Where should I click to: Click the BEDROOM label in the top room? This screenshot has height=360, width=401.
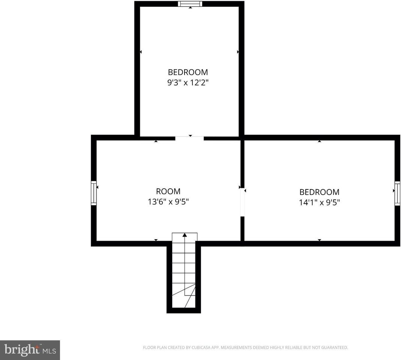tap(188, 72)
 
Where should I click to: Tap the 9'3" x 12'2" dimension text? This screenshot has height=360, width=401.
tap(188, 82)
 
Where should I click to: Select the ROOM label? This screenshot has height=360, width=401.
tap(168, 191)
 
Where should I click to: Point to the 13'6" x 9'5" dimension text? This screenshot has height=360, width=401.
tap(168, 202)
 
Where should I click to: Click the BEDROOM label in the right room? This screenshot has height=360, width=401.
tap(319, 192)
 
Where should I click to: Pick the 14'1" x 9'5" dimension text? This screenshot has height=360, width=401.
tap(319, 202)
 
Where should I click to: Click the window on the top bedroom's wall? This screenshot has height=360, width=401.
tap(190, 4)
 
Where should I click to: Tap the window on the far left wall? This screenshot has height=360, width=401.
tap(94, 193)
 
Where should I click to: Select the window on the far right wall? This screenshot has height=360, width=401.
tap(397, 193)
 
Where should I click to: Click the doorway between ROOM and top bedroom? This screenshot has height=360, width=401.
tap(189, 138)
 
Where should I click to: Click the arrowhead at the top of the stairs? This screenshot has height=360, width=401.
tap(185, 235)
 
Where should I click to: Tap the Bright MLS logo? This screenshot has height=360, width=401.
tap(30, 350)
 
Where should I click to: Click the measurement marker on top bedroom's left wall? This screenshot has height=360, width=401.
tap(141, 52)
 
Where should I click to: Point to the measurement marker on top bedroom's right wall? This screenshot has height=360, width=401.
tap(238, 52)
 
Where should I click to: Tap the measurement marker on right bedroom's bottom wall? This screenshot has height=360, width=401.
tap(319, 240)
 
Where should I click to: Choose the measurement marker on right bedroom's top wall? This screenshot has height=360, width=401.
tap(319, 141)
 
